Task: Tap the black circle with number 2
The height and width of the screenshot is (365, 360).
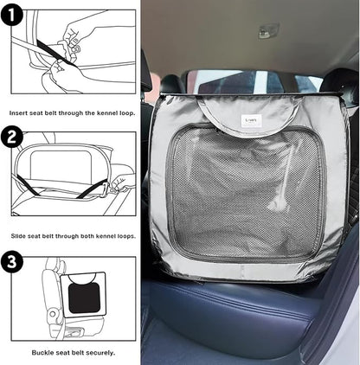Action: pos(11,137)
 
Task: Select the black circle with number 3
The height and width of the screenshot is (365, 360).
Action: pos(12,262)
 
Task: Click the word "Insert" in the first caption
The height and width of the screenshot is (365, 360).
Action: pos(18,113)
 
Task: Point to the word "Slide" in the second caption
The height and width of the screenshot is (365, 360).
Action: pos(18,236)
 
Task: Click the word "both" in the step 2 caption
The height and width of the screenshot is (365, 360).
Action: pos(87,236)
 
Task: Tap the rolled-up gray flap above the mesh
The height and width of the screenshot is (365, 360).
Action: pos(248,115)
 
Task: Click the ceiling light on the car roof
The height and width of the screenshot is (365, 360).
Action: pos(268,31)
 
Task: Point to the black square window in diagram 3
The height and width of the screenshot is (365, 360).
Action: pos(84,298)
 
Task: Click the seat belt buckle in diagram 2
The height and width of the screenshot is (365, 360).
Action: pos(105,190)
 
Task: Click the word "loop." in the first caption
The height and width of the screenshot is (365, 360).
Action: pos(127,113)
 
